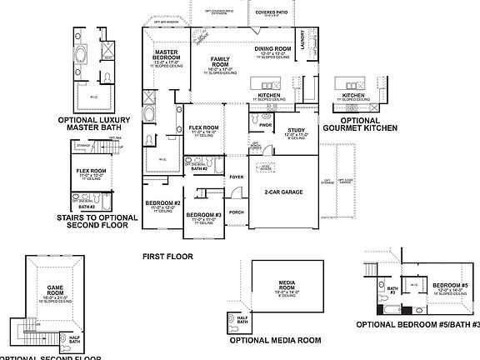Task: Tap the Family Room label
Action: tap(220, 61)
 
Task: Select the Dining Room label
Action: tap(272, 49)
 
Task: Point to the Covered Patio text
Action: tap(272, 13)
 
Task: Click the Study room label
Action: tap(296, 130)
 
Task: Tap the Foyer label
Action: tap(237, 177)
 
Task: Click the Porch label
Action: tap(237, 212)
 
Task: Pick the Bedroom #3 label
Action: tap(203, 215)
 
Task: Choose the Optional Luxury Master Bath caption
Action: tap(95, 122)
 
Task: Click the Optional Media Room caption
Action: tap(276, 340)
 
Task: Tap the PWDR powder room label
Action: tap(267, 125)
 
